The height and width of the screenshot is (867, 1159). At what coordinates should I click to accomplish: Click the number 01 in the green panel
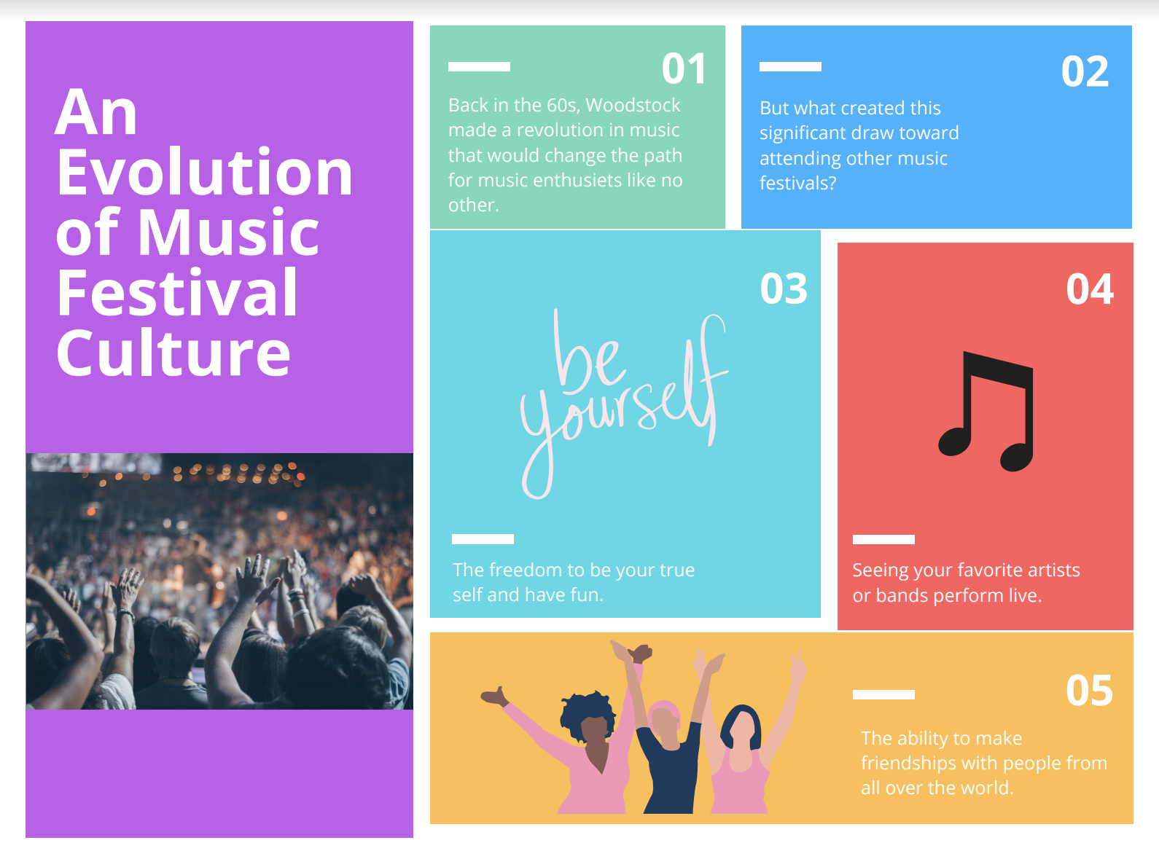(684, 68)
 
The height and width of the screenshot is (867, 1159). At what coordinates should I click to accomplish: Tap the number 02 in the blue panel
(1085, 71)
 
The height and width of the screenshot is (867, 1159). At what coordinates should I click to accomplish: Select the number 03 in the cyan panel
(784, 289)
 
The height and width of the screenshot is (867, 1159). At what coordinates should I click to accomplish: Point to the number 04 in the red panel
(1090, 289)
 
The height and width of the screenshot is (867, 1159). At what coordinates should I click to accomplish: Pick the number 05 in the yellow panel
(1089, 690)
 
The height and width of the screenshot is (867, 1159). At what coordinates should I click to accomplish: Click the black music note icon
(986, 411)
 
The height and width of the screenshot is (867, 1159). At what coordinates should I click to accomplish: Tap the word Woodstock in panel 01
(633, 105)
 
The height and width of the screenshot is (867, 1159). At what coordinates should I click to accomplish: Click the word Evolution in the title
(204, 172)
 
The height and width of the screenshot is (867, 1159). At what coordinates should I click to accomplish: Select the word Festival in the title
(177, 292)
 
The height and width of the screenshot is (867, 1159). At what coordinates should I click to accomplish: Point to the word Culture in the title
(173, 353)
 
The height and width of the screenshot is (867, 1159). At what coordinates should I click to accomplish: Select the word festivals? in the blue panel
(798, 183)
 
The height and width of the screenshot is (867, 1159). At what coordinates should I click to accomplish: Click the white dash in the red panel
(883, 539)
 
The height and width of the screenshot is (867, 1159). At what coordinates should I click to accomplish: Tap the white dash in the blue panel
(790, 66)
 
